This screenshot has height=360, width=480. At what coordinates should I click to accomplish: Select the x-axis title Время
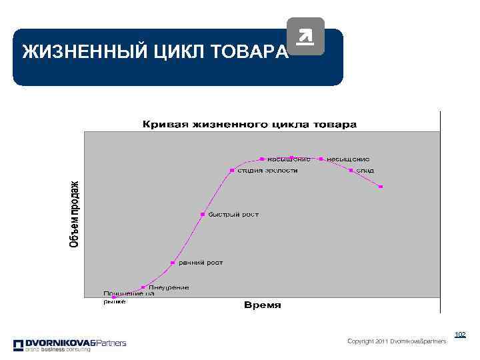click(x=263, y=305)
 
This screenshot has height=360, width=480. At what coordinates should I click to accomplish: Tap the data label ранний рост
click(x=200, y=263)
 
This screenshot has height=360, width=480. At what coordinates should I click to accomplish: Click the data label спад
click(x=365, y=170)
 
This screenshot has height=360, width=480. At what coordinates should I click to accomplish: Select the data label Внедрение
click(x=168, y=287)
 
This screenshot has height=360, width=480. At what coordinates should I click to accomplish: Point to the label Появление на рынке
click(x=129, y=297)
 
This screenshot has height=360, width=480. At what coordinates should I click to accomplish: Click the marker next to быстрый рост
click(x=202, y=214)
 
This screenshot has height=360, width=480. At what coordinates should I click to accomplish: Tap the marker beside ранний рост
click(x=172, y=263)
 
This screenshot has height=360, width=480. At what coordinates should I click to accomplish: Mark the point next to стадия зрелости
click(x=231, y=170)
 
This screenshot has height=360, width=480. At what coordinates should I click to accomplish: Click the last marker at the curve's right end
click(x=381, y=187)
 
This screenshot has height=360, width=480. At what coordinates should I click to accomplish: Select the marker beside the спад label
click(x=351, y=170)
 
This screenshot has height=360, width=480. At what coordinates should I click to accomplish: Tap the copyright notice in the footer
click(x=397, y=341)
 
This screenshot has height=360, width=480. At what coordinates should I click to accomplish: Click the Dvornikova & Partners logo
click(x=69, y=345)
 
